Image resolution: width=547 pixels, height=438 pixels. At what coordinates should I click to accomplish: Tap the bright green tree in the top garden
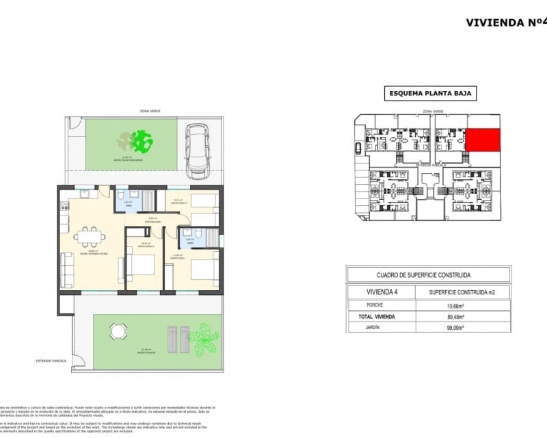[x=142, y=141]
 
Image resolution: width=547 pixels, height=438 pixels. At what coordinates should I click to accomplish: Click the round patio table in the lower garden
[x=118, y=332]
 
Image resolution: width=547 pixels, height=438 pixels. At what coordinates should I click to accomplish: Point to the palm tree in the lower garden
[x=203, y=339]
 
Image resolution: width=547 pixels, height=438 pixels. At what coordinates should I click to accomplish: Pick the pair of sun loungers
[x=178, y=339]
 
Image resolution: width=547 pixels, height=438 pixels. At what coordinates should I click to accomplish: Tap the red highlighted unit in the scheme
[x=483, y=141]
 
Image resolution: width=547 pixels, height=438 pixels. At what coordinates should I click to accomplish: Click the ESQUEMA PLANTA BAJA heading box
[x=429, y=94]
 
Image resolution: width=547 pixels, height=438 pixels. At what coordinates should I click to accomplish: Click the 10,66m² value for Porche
[x=455, y=305]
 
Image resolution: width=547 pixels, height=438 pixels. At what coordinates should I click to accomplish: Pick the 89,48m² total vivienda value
[x=455, y=317]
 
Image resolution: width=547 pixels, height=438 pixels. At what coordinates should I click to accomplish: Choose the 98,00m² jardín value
[x=455, y=328]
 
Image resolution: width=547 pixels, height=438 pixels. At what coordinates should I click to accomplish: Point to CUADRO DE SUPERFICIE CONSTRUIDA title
[x=428, y=275]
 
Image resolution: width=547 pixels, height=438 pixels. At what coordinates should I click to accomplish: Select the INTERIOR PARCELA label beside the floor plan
[x=53, y=361]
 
